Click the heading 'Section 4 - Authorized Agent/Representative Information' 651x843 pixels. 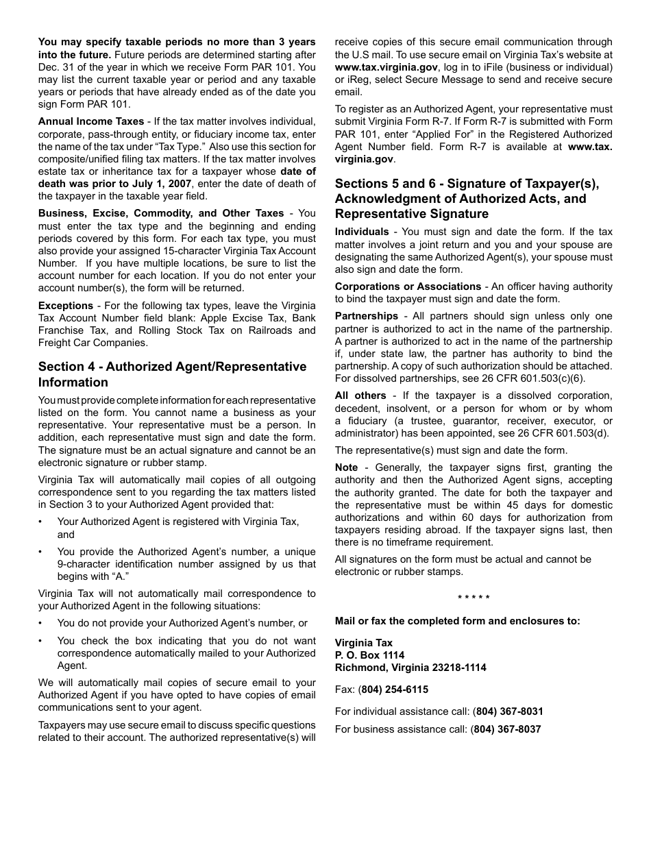pyautogui.click(x=172, y=374)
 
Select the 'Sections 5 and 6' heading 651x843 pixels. pyautogui.click(x=466, y=191)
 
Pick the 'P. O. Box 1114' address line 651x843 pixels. pyautogui.click(x=369, y=655)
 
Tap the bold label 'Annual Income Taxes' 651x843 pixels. pyautogui.click(x=91, y=121)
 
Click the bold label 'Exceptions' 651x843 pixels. pyautogui.click(x=66, y=306)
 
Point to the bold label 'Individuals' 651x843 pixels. pyautogui.click(x=362, y=232)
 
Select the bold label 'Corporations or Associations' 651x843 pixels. pyautogui.click(x=408, y=286)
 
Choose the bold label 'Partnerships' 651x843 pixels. pyautogui.click(x=366, y=316)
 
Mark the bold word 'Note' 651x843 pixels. pyautogui.click(x=346, y=467)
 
